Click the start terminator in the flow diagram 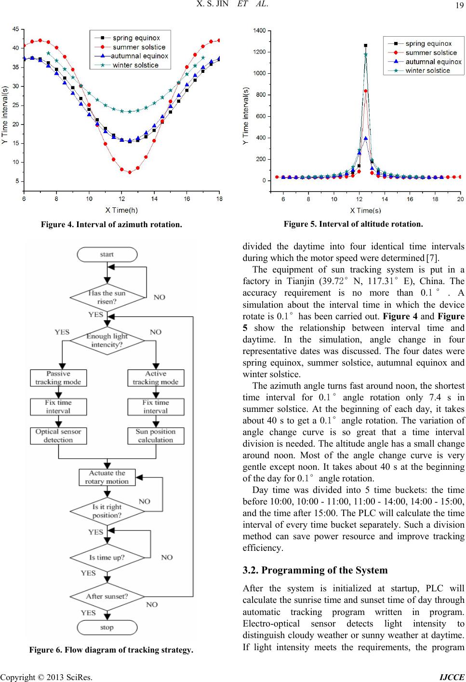(x=107, y=255)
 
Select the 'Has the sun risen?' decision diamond (x=107, y=298)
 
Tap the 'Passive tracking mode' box (x=58, y=378)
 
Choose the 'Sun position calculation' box (x=156, y=436)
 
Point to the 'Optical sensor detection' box (x=58, y=436)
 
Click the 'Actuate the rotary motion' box (x=107, y=477)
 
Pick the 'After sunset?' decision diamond (x=107, y=597)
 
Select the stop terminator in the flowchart (x=107, y=627)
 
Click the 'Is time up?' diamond (x=107, y=558)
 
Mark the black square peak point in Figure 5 (x=365, y=46)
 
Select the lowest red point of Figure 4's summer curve (x=130, y=172)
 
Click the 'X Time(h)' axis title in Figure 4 (x=121, y=210)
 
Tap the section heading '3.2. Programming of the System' (x=315, y=570)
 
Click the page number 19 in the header (x=459, y=5)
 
